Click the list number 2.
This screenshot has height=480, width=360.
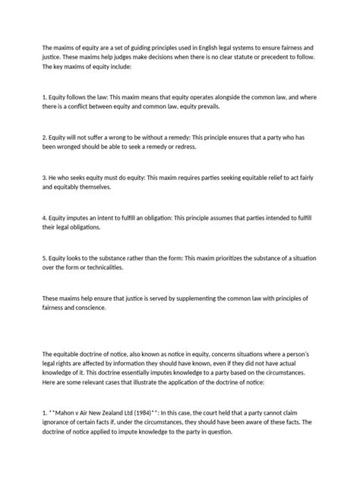point(46,137)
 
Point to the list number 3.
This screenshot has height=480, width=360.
point(46,177)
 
